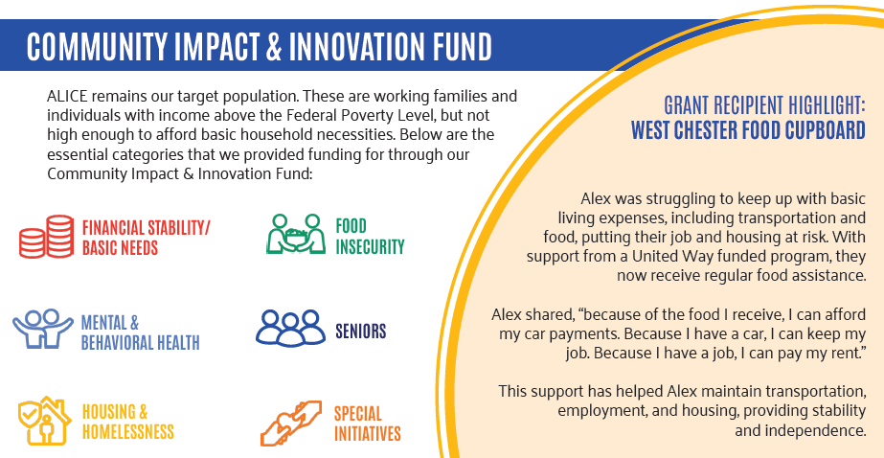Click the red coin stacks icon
pos(46,237)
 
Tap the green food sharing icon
pos(296,234)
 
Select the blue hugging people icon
pos(43,329)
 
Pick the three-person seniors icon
pos(290,328)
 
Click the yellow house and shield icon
pos(45,421)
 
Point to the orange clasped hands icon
pos(291,424)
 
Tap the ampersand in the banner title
pos(273,47)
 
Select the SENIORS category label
pos(361,332)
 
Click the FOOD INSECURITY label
pos(370,237)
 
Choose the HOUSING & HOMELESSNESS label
pos(128,422)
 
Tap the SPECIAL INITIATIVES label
pos(368,424)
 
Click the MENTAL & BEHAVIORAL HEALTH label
pos(141,332)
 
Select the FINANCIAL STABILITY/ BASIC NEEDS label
pos(146,238)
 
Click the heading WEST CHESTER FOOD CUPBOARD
pos(748,129)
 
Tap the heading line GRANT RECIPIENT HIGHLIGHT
pos(764,104)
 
